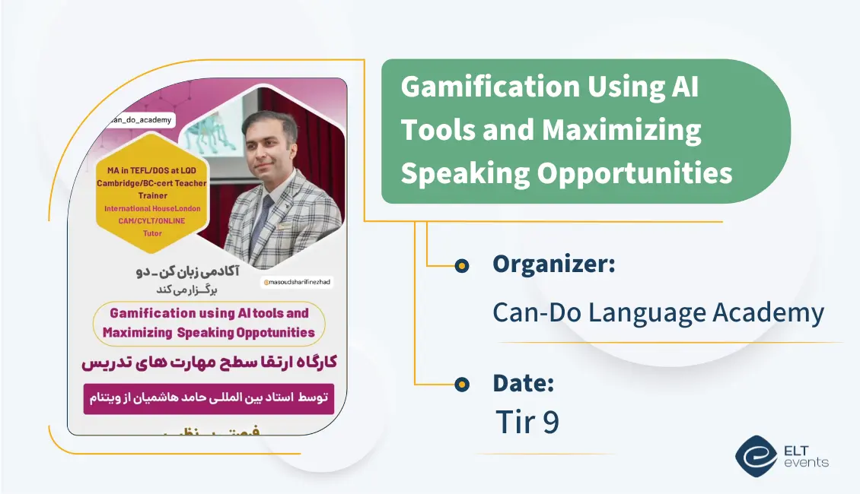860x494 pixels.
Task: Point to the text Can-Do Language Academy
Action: pyautogui.click(x=658, y=312)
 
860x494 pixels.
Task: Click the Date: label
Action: pyautogui.click(x=523, y=383)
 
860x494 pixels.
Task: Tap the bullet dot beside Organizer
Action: pyautogui.click(x=461, y=265)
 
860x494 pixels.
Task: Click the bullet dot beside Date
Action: pyautogui.click(x=461, y=385)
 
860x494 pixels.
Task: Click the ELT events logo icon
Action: pyautogui.click(x=756, y=456)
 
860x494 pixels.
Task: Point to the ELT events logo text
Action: pyautogui.click(x=805, y=456)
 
